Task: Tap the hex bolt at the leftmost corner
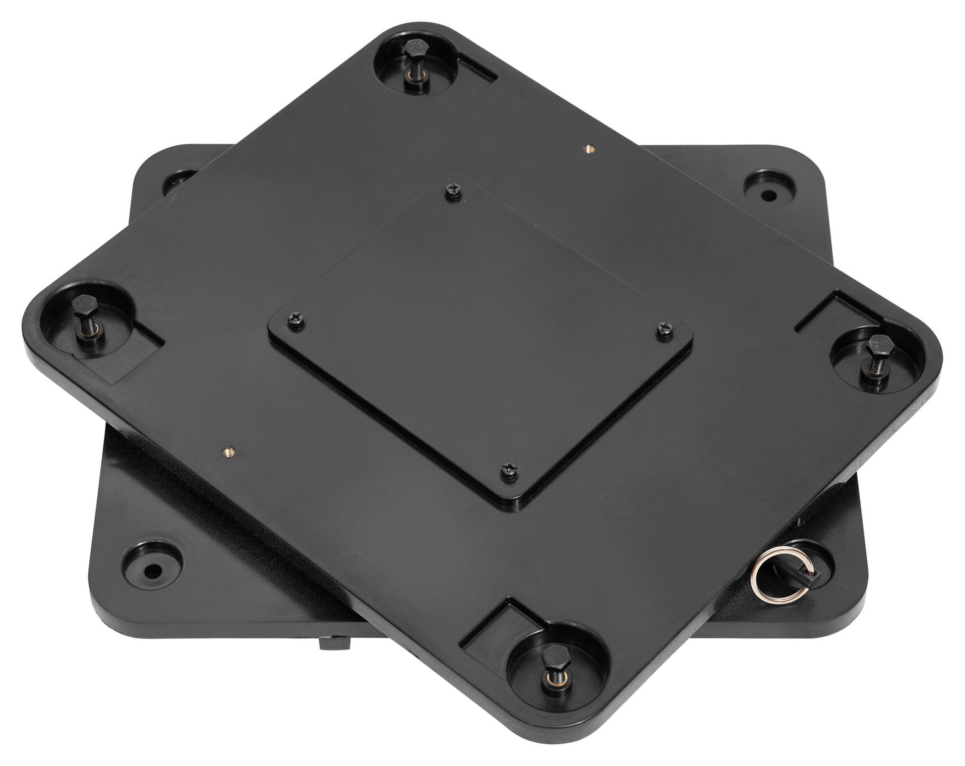80,304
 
